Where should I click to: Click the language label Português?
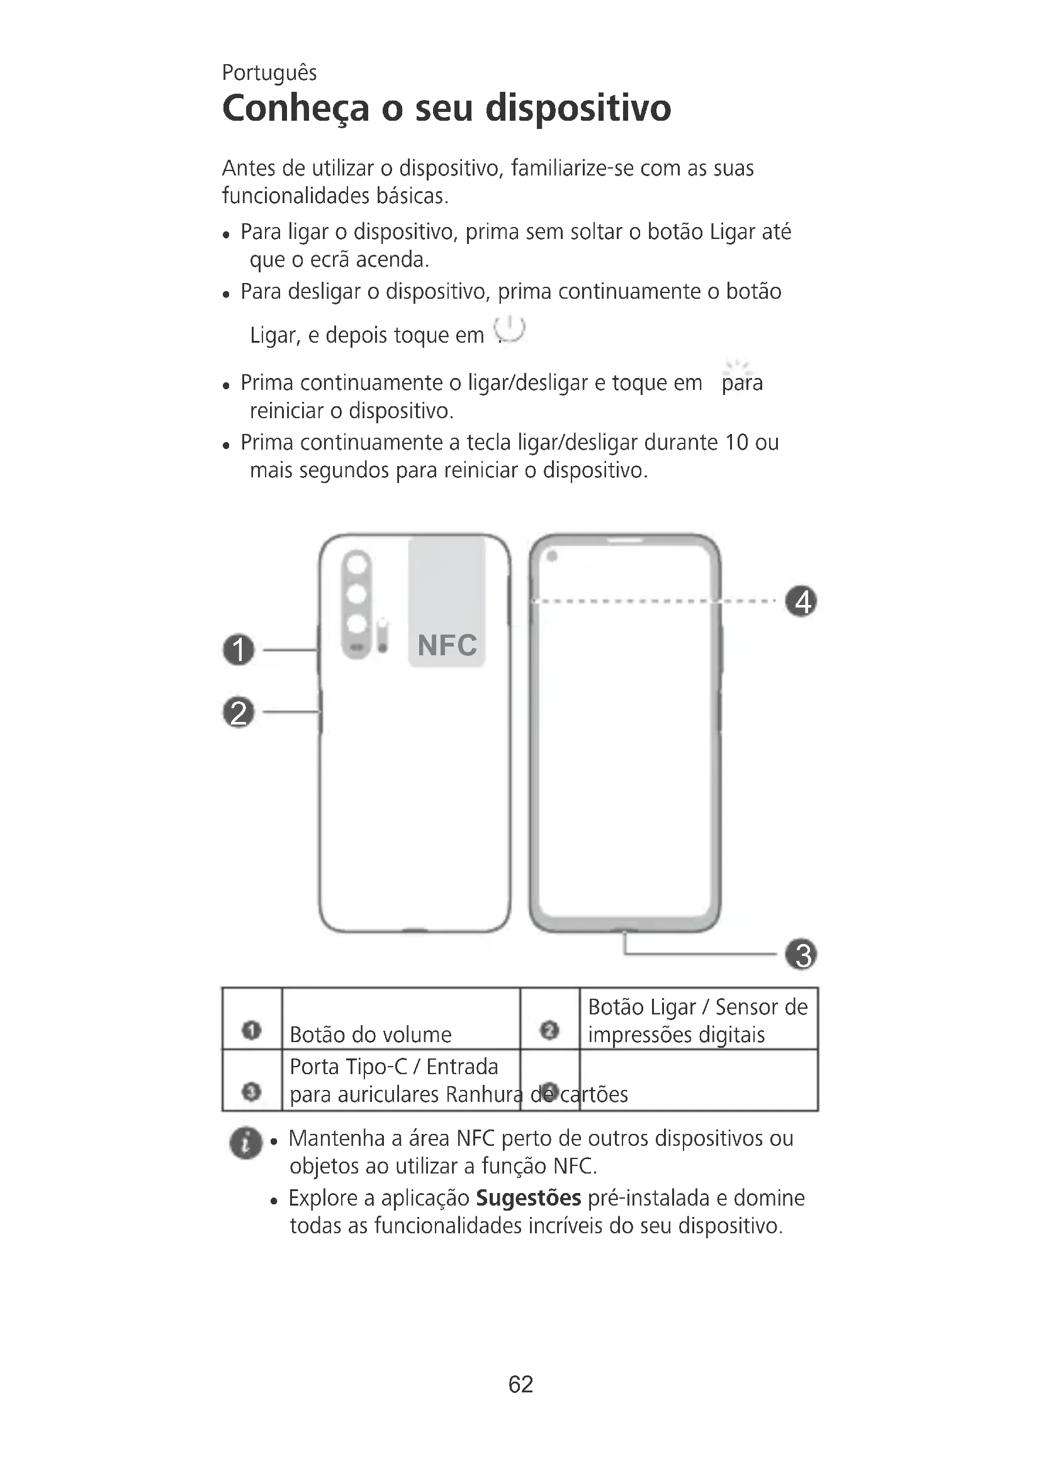click(x=269, y=73)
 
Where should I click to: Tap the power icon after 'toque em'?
click(x=511, y=330)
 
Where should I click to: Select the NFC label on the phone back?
click(x=447, y=645)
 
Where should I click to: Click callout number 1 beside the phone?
click(x=239, y=650)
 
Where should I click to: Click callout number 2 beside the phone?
click(x=239, y=713)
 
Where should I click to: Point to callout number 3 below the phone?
click(x=801, y=955)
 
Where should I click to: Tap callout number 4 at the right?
click(x=801, y=602)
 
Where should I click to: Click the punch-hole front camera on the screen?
click(x=552, y=556)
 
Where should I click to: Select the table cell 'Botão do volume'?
click(x=371, y=1035)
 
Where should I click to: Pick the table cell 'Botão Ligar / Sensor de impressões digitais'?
click(x=697, y=1021)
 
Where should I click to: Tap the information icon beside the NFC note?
click(x=245, y=1143)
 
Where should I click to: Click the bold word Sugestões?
click(x=528, y=1198)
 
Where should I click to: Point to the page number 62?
click(x=520, y=1384)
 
